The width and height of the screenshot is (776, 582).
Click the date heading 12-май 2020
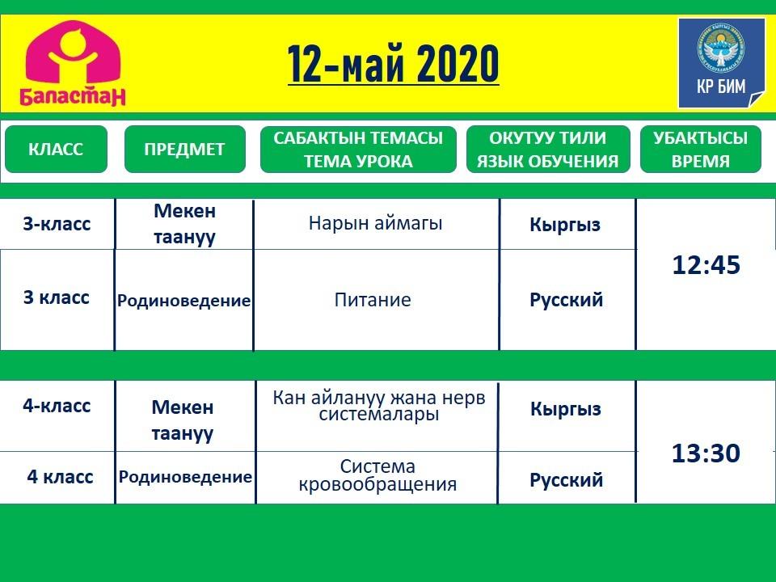pyautogui.click(x=393, y=65)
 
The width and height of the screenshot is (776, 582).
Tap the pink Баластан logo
pyautogui.click(x=73, y=63)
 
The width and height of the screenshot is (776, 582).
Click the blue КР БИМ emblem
pyautogui.click(x=722, y=63)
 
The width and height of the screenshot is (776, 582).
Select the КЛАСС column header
pyautogui.click(x=56, y=149)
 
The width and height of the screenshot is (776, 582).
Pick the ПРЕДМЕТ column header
pyautogui.click(x=184, y=149)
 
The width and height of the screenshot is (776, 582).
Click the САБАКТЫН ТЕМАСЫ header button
pyautogui.click(x=358, y=149)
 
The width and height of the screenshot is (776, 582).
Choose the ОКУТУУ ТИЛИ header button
pyautogui.click(x=548, y=149)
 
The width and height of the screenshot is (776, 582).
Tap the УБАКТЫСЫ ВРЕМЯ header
pyautogui.click(x=700, y=149)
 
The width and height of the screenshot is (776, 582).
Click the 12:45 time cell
pyautogui.click(x=706, y=265)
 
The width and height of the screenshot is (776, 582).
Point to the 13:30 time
pyautogui.click(x=706, y=453)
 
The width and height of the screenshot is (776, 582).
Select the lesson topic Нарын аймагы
pyautogui.click(x=375, y=224)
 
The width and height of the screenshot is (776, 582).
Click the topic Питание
pyautogui.click(x=373, y=300)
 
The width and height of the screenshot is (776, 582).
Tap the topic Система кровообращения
pyautogui.click(x=377, y=475)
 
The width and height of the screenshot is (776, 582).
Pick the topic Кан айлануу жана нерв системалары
pyautogui.click(x=378, y=406)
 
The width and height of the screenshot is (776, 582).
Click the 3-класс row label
pyautogui.click(x=57, y=224)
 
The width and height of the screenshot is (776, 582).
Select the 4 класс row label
pyautogui.click(x=60, y=477)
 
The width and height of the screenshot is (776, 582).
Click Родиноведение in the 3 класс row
pyautogui.click(x=183, y=301)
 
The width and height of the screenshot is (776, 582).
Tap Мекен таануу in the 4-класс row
pyautogui.click(x=183, y=420)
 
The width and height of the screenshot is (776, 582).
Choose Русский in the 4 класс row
pyautogui.click(x=566, y=479)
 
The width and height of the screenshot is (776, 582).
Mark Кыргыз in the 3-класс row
pyautogui.click(x=565, y=225)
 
